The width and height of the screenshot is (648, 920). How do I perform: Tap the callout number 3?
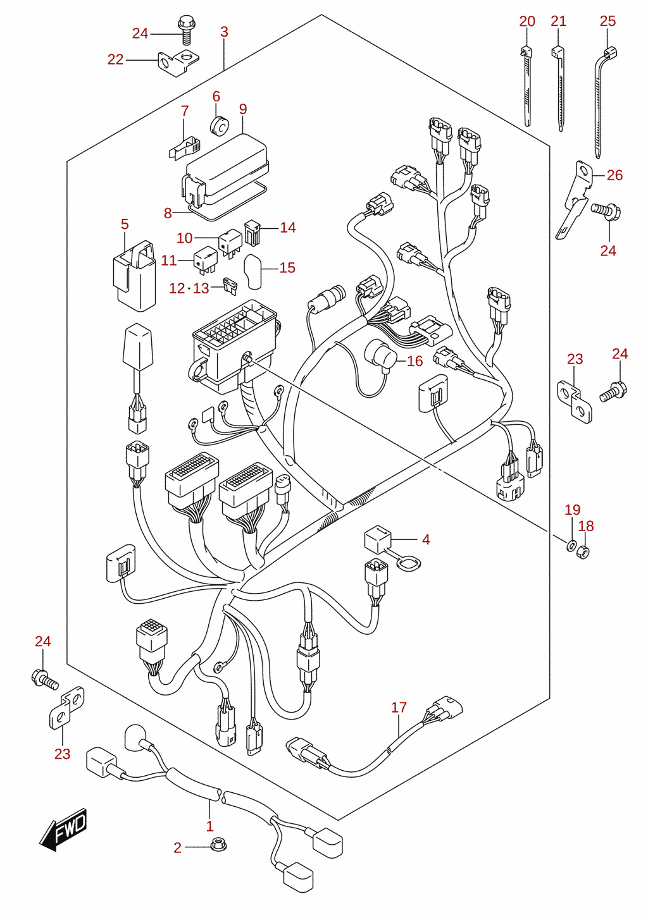point(224,32)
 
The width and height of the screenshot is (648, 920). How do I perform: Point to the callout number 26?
point(614,175)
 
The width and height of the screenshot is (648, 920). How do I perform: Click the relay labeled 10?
point(230,243)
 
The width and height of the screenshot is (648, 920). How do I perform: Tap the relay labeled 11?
point(205,261)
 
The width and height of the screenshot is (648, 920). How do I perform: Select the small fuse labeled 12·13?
point(230,286)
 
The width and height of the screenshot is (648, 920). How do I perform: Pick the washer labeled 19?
point(571,546)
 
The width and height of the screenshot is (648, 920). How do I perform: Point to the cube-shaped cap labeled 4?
point(378,539)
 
